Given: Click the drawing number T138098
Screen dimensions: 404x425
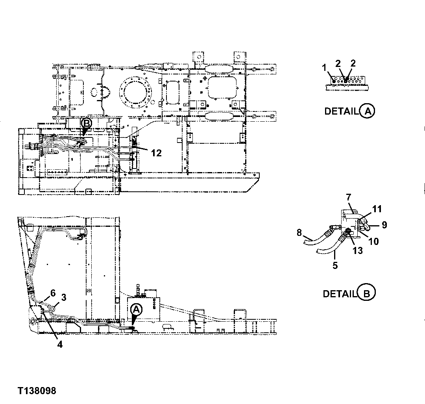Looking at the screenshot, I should (x=37, y=391).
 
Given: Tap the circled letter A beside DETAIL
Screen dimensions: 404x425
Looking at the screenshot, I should (x=367, y=111).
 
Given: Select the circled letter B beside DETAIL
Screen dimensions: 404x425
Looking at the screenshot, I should (x=367, y=293).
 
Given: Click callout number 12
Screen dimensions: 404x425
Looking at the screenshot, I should (x=156, y=153).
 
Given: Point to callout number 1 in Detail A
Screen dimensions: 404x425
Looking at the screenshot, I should (x=324, y=68).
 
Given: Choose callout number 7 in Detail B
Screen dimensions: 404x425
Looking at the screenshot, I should (x=349, y=197).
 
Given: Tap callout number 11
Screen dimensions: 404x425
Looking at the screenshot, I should (x=377, y=209).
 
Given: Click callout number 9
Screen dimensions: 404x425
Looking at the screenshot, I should (x=384, y=225).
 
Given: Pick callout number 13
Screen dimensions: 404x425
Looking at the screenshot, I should (x=357, y=250).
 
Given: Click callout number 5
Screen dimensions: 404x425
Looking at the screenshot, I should (x=335, y=266).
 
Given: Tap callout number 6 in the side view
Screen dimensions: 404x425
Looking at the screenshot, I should (x=53, y=293).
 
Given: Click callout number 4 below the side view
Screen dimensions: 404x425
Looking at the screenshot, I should (x=59, y=344).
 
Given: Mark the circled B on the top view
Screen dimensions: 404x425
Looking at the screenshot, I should (x=86, y=124).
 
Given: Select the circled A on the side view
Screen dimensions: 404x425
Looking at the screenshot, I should (x=135, y=309).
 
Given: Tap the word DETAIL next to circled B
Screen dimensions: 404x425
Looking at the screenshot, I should (x=339, y=294).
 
